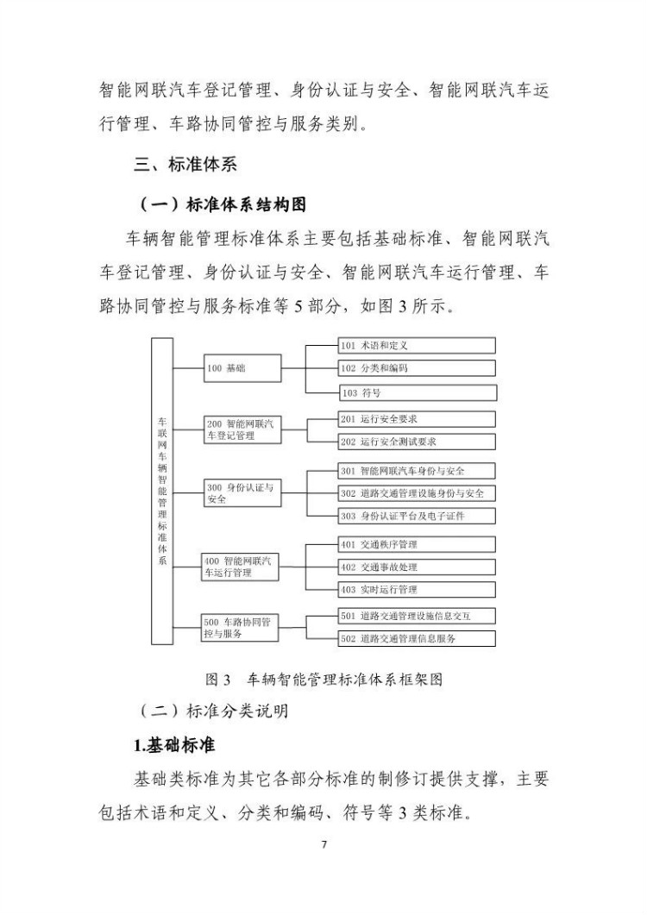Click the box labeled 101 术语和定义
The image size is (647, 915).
tap(417, 346)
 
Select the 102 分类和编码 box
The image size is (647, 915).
tap(417, 368)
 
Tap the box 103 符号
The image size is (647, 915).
tap(417, 393)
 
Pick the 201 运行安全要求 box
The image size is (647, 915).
tap(417, 419)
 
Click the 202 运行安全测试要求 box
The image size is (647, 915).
tap(417, 442)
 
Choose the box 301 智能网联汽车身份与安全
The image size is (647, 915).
tap(417, 471)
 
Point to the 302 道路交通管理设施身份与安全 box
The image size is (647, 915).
tap(417, 493)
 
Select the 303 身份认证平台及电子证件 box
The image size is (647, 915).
tap(417, 516)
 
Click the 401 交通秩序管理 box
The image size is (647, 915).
tap(417, 544)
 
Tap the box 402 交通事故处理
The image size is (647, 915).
tap(417, 567)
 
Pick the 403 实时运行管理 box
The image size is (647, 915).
tap(417, 590)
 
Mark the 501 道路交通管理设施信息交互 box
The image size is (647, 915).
tap(417, 616)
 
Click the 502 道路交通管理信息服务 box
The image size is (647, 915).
tap(417, 638)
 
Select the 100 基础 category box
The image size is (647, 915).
tap(242, 369)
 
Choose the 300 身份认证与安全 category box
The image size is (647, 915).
tap(242, 493)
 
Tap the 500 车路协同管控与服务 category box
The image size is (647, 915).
tap(241, 627)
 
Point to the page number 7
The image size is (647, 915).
tap(323, 844)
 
